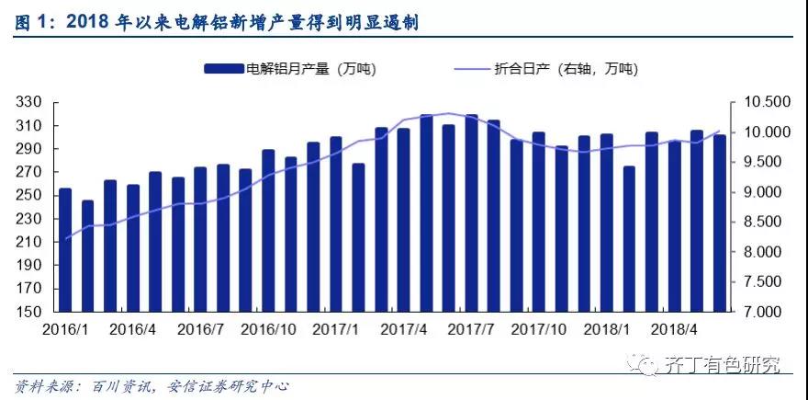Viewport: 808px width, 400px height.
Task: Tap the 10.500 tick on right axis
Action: pos(761,102)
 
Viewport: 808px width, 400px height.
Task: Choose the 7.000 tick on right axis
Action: pos(761,312)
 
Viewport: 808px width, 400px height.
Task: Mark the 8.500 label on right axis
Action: pos(761,222)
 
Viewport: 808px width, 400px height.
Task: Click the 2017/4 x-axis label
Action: pos(403,328)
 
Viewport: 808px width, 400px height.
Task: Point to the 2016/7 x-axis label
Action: pos(201,328)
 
